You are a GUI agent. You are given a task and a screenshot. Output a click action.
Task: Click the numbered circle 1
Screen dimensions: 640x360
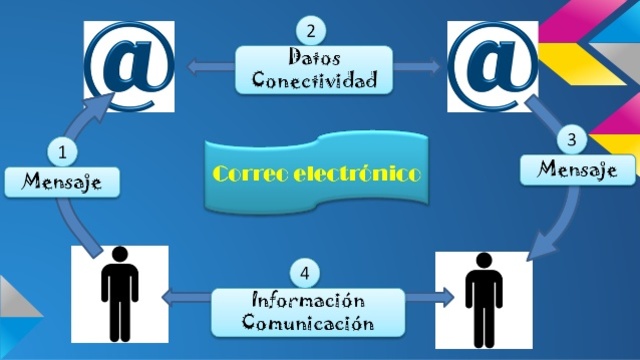pyautogui.click(x=63, y=152)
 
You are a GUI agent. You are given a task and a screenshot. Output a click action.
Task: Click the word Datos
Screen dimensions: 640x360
pyautogui.click(x=313, y=57)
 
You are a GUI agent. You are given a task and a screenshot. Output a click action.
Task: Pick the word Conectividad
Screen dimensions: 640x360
pyautogui.click(x=313, y=79)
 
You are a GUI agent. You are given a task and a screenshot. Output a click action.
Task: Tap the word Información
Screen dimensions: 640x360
pyautogui.click(x=307, y=301)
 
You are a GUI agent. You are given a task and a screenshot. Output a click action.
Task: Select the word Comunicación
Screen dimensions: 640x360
pyautogui.click(x=307, y=323)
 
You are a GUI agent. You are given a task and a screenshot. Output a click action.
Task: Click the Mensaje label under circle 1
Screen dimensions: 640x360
pyautogui.click(x=63, y=183)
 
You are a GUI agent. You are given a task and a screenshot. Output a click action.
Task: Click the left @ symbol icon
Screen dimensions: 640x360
pyautogui.click(x=127, y=65)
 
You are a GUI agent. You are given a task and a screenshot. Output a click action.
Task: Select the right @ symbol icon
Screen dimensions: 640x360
pyautogui.click(x=490, y=65)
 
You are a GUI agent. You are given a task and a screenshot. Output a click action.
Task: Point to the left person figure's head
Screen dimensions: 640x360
pyautogui.click(x=118, y=258)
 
